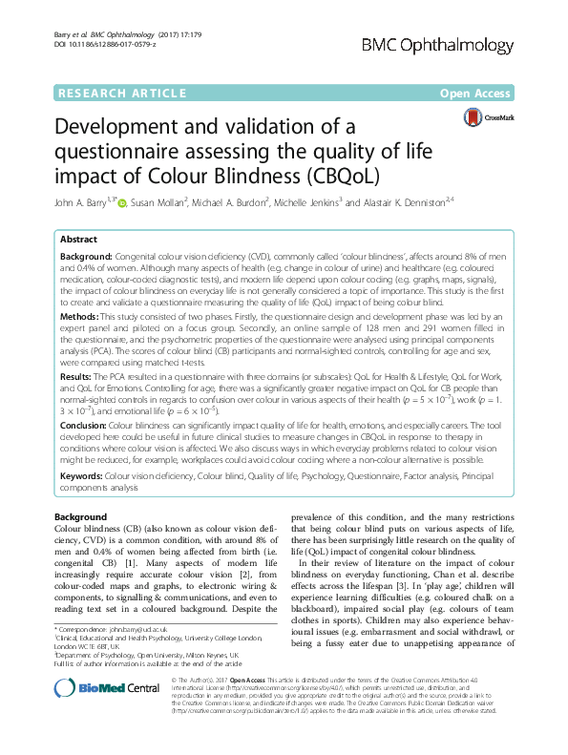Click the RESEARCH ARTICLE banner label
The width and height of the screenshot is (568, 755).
pos(121,94)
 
